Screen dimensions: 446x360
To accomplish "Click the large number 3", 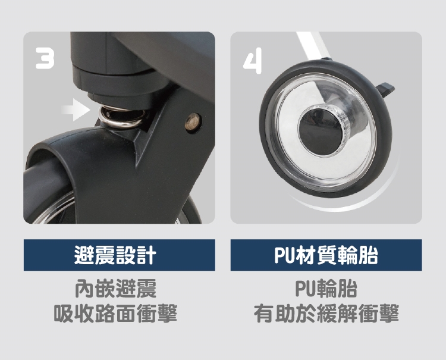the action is click(x=45, y=58).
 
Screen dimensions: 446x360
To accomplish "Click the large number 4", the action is click(x=253, y=61).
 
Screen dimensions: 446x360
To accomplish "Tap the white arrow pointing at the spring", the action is click(x=76, y=110).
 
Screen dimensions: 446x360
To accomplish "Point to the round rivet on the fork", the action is click(x=193, y=123).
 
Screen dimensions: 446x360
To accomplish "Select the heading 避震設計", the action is click(x=115, y=255).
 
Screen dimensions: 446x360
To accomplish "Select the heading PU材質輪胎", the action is click(x=326, y=255).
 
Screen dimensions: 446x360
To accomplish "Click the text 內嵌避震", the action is click(x=115, y=289).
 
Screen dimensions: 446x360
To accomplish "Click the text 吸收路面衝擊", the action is click(x=115, y=313).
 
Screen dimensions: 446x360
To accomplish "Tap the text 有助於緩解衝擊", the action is click(x=326, y=313).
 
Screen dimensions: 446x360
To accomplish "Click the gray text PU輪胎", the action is click(x=326, y=289).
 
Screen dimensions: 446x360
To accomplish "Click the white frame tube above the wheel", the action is click(x=312, y=45).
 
